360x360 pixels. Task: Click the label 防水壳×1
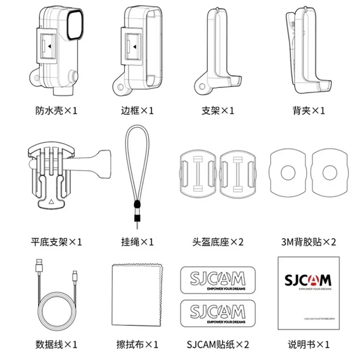click(57, 111)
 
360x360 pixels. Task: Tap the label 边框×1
click(137, 111)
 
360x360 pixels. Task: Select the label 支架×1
click(218, 111)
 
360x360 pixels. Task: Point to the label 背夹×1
click(309, 111)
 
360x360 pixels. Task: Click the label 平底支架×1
click(57, 242)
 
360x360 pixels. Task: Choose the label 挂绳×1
click(137, 242)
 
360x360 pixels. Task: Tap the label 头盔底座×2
click(218, 242)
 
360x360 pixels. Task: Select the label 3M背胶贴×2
click(309, 242)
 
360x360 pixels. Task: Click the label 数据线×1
click(57, 345)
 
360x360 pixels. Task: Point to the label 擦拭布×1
click(137, 345)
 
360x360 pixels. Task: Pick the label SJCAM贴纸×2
click(218, 345)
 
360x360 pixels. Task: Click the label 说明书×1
click(309, 345)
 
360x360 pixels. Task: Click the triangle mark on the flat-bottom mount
click(50, 202)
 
